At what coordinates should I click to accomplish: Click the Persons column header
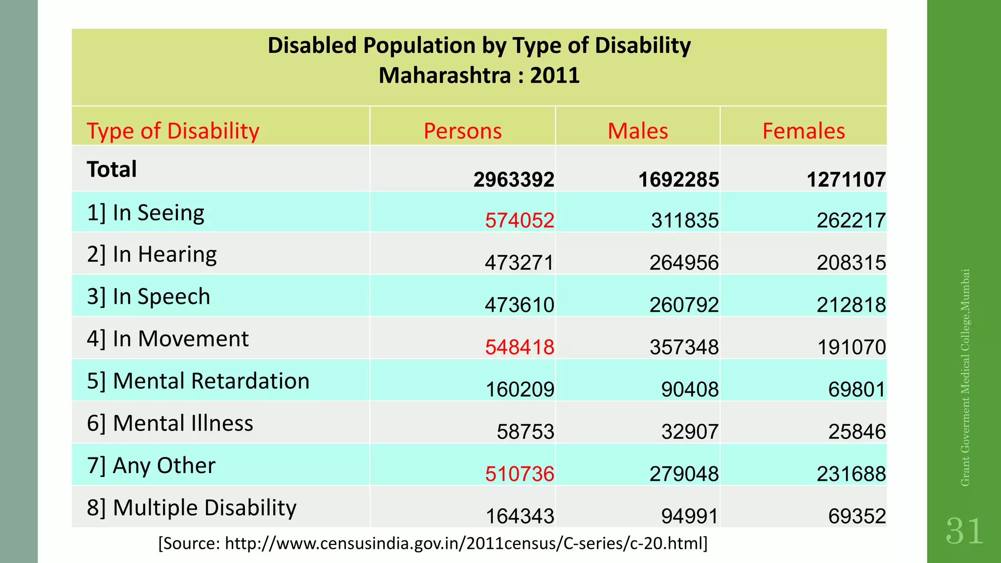click(462, 131)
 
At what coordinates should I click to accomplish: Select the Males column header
click(637, 131)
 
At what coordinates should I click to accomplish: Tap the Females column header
click(804, 131)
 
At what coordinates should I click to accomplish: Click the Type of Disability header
click(173, 131)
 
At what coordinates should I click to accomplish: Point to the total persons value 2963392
click(514, 180)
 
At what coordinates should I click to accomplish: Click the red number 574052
click(520, 220)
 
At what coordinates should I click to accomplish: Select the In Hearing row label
click(152, 255)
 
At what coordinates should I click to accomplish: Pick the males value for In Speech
click(684, 305)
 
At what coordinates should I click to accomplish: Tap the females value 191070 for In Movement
click(851, 347)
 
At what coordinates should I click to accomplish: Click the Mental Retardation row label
click(198, 381)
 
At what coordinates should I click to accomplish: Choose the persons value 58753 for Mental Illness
click(525, 432)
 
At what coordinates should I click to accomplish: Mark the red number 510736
click(520, 474)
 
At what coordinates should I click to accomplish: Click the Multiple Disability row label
click(192, 508)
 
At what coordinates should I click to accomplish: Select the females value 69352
click(857, 517)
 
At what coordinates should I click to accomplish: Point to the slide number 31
click(964, 531)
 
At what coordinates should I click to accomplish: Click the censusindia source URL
click(433, 543)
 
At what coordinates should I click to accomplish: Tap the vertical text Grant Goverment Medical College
click(965, 377)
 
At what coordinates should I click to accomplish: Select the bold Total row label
click(112, 170)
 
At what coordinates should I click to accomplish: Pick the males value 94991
click(690, 517)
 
